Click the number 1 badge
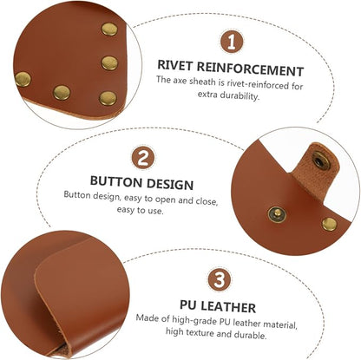click(232, 43)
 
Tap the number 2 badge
click(143, 158)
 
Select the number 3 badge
click(220, 280)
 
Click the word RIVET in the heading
click(174, 65)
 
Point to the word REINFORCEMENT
click(250, 69)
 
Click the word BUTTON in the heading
click(115, 181)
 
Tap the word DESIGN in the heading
click(170, 185)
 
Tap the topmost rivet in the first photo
click(109, 29)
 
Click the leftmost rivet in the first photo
click(23, 79)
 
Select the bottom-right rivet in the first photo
click(108, 98)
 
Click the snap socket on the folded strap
click(320, 160)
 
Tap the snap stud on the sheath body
click(277, 214)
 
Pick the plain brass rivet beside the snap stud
click(330, 224)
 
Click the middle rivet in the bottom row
click(62, 93)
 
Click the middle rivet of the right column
click(110, 63)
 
